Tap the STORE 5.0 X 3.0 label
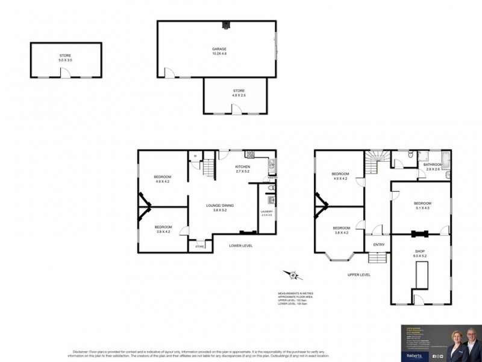(x=64, y=58)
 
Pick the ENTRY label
(x=379, y=244)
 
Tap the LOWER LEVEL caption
(x=240, y=246)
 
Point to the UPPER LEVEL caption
(x=359, y=275)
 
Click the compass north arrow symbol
(x=293, y=275)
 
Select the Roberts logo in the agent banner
(x=414, y=356)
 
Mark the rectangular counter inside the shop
(x=420, y=277)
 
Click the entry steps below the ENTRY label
(x=377, y=258)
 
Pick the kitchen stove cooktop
(x=249, y=154)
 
